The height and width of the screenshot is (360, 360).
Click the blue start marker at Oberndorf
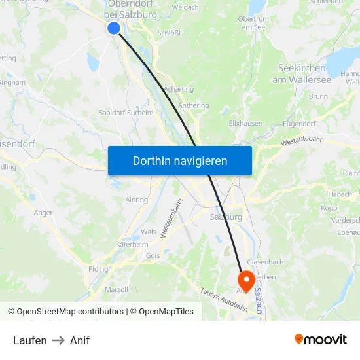pos(114,28)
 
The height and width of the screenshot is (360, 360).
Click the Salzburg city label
pos(226,217)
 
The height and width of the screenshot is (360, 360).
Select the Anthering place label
pos(193,105)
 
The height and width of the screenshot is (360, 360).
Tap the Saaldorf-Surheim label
pos(126,113)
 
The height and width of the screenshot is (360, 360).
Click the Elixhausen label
pos(246,122)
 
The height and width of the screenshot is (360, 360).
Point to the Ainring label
pos(136,200)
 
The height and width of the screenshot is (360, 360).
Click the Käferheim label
pos(132,244)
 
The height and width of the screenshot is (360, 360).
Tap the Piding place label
pos(98,269)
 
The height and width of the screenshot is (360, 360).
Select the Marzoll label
pos(117,289)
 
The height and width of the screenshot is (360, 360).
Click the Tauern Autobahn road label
pos(223,299)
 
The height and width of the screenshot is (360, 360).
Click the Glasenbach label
pos(266,262)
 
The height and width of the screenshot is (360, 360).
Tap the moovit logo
pos(321,339)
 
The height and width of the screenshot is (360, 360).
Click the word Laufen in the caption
pos(30,340)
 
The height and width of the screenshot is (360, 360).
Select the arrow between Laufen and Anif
pos(58,340)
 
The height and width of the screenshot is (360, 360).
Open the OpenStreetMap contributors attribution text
pos(68,312)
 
